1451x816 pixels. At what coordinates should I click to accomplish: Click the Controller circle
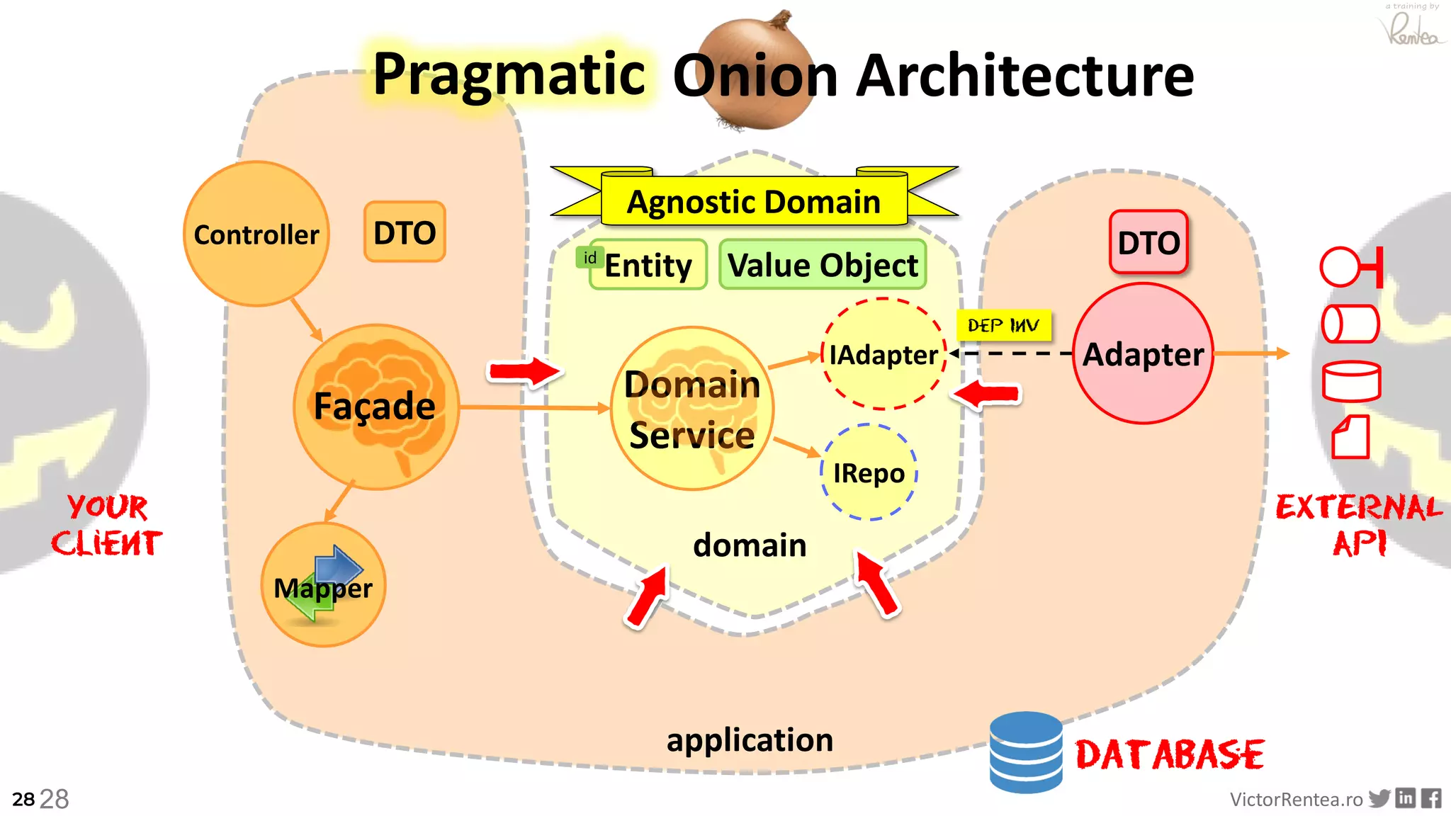coord(256,234)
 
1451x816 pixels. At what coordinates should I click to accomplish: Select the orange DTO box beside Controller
coord(405,232)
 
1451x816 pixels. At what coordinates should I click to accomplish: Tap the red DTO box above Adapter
coord(1148,242)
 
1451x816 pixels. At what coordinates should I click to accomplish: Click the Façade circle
coord(376,407)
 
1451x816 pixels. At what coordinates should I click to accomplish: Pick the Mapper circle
coord(323,585)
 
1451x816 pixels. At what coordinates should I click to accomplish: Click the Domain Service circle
coord(691,409)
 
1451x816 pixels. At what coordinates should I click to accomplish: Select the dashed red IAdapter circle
coord(883,354)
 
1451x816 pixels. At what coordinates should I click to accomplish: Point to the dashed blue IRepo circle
coord(869,472)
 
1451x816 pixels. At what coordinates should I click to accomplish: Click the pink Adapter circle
coord(1143,353)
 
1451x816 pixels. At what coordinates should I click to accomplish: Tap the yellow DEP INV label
coord(1003,325)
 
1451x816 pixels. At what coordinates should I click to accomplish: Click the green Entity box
coord(648,265)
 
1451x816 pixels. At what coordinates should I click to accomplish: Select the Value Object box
coord(823,265)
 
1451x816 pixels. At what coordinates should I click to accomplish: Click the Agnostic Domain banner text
coord(754,202)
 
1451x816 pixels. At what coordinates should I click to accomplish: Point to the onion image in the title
coord(756,71)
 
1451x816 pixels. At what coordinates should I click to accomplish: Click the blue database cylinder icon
coord(1025,752)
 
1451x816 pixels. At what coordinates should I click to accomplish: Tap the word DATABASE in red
coord(1170,754)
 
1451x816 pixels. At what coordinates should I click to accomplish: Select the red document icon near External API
coord(1350,437)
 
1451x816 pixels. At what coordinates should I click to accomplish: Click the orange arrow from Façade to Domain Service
coord(531,407)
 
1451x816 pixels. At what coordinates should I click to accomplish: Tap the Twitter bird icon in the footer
coord(1379,798)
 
